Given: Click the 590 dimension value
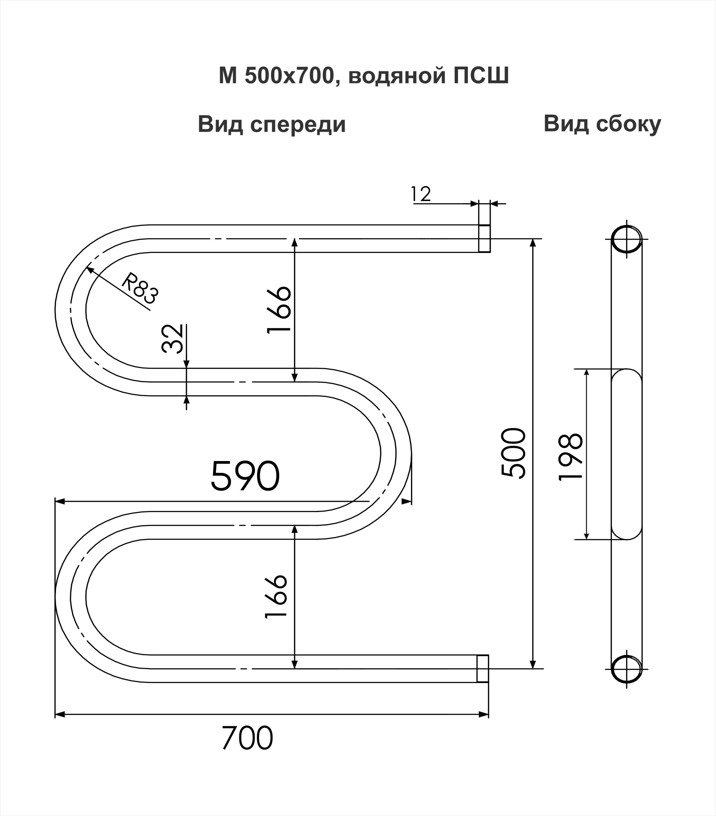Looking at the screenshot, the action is click(x=245, y=475).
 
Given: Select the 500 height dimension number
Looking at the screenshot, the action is click(x=513, y=453).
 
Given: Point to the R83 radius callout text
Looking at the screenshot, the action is click(x=140, y=288).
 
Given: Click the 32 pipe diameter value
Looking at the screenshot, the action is click(x=172, y=339).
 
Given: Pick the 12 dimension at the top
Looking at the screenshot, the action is click(x=421, y=194).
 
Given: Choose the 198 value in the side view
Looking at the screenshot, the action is click(x=570, y=457).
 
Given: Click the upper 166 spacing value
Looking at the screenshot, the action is click(x=279, y=310).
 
